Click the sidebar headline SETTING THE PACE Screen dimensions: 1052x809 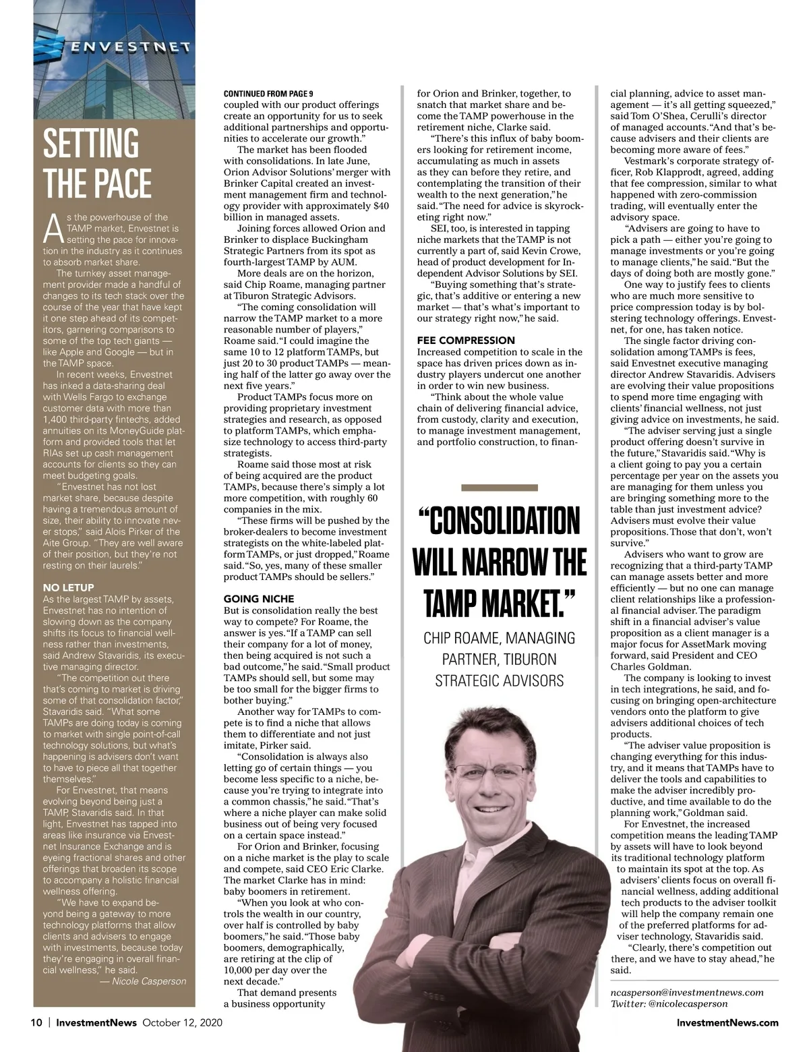pyautogui.click(x=98, y=163)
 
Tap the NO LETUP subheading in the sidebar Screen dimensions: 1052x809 pyautogui.click(x=68, y=587)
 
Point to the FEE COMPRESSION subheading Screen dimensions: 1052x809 pyautogui.click(x=465, y=341)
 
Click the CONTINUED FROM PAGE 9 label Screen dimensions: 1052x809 pyautogui.click(x=268, y=94)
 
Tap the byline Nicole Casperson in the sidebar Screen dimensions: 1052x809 pyautogui.click(x=148, y=981)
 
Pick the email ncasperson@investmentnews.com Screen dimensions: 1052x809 pyautogui.click(x=687, y=992)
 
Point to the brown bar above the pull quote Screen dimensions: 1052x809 pyautogui.click(x=500, y=487)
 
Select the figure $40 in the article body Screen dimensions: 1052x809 pyautogui.click(x=381, y=206)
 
